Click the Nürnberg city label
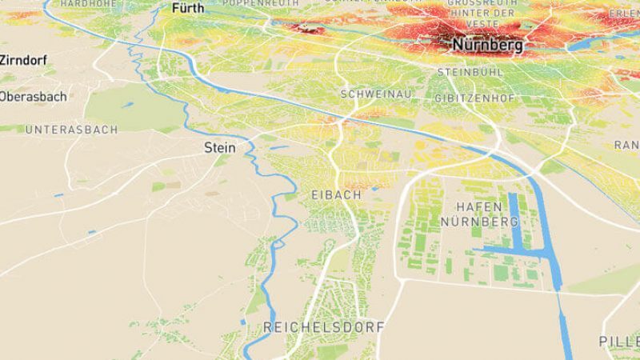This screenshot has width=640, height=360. point(487,46)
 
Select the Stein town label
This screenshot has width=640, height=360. point(221,147)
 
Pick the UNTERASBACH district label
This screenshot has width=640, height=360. point(71,129)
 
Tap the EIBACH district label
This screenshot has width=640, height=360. point(335,194)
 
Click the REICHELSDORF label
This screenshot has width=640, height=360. point(323,327)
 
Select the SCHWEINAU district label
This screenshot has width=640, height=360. point(376,94)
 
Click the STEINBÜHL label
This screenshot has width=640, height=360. point(469,72)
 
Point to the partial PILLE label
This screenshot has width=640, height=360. point(618,342)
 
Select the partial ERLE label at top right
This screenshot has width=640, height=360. point(623,14)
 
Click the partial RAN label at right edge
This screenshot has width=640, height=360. point(626,145)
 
